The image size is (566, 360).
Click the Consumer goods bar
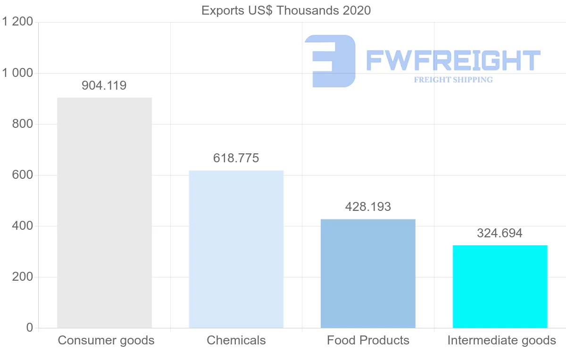coord(104,212)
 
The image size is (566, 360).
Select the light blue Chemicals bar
coord(236,249)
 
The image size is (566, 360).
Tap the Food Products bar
coord(368,274)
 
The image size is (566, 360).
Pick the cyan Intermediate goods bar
coord(500,286)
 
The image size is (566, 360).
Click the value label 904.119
coord(104,85)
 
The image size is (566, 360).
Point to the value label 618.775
coord(236,158)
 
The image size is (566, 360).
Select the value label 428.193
coord(368,207)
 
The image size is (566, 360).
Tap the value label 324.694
coord(500,233)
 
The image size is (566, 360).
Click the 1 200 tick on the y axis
coord(17,22)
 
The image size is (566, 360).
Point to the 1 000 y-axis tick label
coord(17,73)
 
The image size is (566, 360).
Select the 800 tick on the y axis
coord(22,124)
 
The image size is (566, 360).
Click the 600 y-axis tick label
coord(22,175)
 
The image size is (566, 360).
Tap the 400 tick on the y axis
coord(22,226)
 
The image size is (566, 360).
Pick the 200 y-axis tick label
coord(22,277)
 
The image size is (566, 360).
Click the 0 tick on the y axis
coord(29,328)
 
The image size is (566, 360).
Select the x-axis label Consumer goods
coord(106,340)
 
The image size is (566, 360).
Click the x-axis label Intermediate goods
coord(502,340)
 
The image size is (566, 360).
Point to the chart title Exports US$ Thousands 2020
coord(286,10)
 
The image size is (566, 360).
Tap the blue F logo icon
coord(330,61)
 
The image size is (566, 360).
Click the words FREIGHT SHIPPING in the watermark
coord(453,80)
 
